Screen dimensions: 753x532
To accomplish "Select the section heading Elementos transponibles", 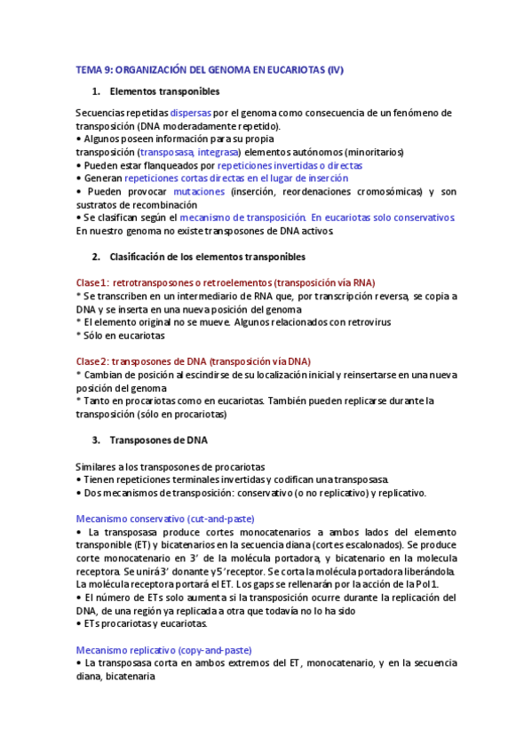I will click(x=164, y=91).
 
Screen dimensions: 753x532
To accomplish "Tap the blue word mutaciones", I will click(x=198, y=191).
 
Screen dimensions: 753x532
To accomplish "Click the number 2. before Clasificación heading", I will click(x=96, y=257).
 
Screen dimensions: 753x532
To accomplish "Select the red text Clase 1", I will click(x=91, y=282).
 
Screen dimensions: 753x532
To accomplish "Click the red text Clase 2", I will click(x=91, y=361).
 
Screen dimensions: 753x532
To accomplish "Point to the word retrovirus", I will click(x=366, y=321).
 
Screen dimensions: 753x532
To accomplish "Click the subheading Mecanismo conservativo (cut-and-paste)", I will click(x=166, y=519).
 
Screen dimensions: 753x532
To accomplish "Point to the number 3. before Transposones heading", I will click(x=96, y=440).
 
